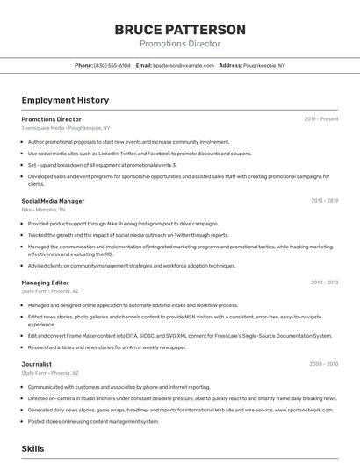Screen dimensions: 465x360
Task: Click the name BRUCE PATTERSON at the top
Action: (179, 29)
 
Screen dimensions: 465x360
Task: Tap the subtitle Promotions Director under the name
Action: (179, 43)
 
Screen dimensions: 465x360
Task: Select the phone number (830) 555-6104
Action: (112, 65)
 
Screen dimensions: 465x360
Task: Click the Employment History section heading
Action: (65, 100)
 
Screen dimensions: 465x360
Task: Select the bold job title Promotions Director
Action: (51, 119)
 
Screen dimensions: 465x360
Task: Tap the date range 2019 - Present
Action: (321, 119)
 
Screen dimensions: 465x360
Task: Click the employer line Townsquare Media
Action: (66, 127)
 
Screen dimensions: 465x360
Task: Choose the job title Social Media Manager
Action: (53, 201)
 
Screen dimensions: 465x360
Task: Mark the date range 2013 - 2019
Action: (324, 201)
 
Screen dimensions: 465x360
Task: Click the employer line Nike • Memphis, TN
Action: (44, 209)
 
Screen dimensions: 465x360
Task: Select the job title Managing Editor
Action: (45, 283)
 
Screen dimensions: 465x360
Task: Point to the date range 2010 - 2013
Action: (324, 283)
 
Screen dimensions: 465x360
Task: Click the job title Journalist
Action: (36, 363)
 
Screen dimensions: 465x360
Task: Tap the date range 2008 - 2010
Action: (323, 363)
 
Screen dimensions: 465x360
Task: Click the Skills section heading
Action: (32, 448)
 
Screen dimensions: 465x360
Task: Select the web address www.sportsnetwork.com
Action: (303, 410)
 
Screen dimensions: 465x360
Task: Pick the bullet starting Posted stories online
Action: (93, 421)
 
